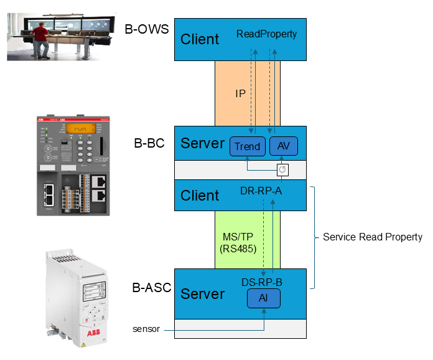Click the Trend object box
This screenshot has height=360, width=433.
[248, 147]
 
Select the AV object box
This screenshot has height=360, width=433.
[284, 147]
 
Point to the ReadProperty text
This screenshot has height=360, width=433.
[266, 34]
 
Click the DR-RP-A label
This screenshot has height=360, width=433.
[261, 190]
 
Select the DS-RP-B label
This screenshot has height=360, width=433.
[262, 282]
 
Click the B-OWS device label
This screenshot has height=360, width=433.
[147, 29]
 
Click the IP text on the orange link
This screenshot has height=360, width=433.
[240, 93]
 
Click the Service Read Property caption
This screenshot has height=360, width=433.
[372, 237]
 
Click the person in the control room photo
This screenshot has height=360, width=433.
[41, 37]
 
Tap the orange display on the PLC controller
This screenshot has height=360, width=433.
[80, 129]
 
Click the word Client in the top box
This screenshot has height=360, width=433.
[200, 39]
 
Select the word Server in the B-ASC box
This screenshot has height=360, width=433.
[202, 293]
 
